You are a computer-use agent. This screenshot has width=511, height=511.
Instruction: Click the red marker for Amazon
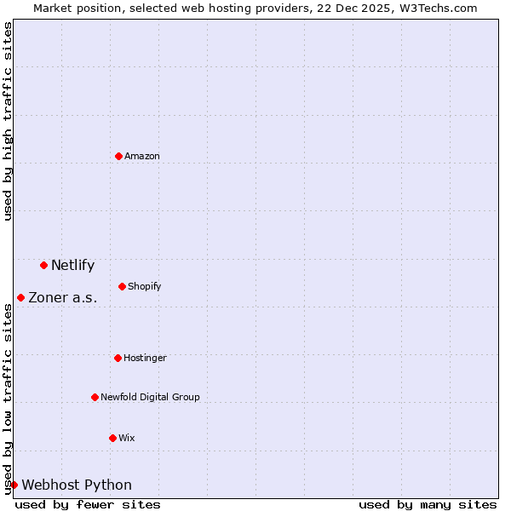[x=118, y=156]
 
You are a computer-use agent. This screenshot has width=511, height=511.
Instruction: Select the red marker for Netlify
[x=43, y=265]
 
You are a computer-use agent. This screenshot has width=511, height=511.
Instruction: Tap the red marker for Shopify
[x=122, y=286]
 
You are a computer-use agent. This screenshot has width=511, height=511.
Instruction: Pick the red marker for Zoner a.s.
[x=20, y=297]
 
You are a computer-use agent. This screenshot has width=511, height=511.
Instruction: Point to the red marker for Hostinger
[x=118, y=358]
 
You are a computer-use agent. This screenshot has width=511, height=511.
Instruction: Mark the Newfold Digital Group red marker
[x=95, y=397]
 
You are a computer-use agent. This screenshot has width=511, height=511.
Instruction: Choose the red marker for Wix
[x=112, y=438]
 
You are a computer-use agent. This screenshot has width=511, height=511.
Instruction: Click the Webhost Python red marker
[x=14, y=485]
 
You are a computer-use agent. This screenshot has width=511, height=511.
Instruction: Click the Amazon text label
[x=142, y=156]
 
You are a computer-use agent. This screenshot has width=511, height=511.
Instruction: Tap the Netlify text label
[x=72, y=265]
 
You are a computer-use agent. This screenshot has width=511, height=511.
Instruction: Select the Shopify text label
[x=144, y=286]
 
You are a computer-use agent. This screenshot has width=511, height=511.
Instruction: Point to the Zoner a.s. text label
[x=63, y=297]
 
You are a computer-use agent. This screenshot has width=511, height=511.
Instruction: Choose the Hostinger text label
[x=145, y=358]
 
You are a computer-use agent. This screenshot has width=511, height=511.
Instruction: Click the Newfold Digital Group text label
[x=150, y=397]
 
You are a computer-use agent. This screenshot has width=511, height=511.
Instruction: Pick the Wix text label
[x=126, y=438]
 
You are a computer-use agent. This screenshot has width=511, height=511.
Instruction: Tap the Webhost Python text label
[x=77, y=485]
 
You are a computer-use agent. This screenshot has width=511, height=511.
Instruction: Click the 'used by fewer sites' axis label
[x=88, y=504]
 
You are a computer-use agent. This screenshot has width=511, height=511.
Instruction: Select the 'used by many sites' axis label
[x=428, y=504]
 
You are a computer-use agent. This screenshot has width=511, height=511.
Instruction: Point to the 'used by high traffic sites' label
[x=8, y=121]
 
